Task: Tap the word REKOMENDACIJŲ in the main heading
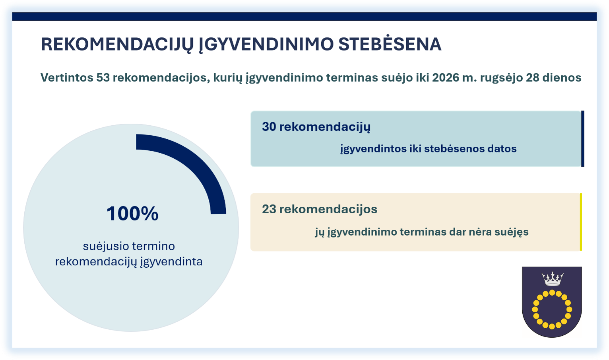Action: (117, 45)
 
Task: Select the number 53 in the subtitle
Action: (103, 78)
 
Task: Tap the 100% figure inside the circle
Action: (132, 213)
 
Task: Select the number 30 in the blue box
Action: (269, 126)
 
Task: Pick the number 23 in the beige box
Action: (269, 209)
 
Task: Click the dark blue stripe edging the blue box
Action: (583, 139)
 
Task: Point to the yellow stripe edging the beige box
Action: (581, 222)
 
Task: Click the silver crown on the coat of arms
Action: (552, 278)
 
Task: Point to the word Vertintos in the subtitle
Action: (67, 78)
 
